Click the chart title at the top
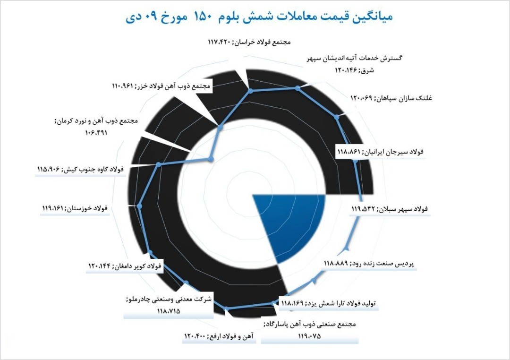coord(259,16)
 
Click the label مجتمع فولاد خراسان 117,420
coord(249,43)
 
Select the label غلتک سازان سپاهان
coord(391,98)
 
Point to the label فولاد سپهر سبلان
coord(389,209)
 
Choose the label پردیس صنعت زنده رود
coord(369,263)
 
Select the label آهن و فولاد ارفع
coord(219,336)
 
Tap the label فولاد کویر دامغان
coord(125,266)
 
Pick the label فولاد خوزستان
coord(75,208)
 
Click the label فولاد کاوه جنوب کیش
coord(80,169)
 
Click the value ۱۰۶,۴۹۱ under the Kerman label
coord(96,132)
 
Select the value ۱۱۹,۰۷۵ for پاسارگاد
coord(309,336)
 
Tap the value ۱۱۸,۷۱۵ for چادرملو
coord(169,311)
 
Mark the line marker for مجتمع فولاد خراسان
coord(250,91)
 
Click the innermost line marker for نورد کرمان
coord(211,159)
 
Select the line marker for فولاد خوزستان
coord(139,206)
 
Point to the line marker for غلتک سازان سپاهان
coord(337,117)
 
